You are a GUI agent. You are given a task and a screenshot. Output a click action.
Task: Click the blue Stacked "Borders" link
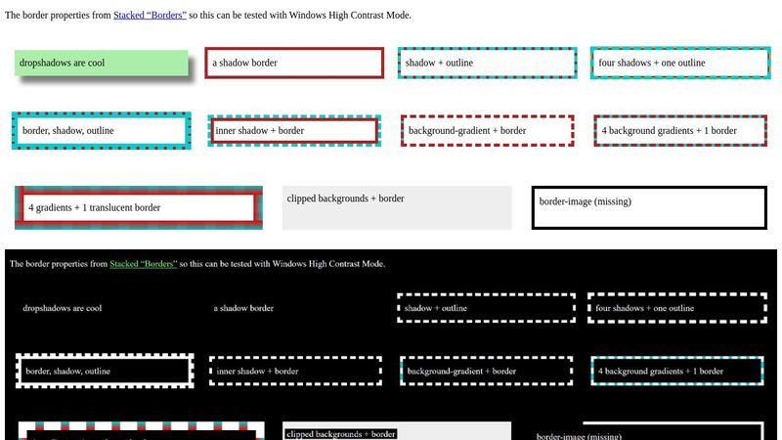coord(150,16)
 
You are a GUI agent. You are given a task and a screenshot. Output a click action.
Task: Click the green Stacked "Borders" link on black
coord(143,264)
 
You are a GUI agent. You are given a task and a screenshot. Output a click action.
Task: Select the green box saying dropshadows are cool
coord(102,64)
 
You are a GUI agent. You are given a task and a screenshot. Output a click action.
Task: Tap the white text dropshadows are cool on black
coord(62,308)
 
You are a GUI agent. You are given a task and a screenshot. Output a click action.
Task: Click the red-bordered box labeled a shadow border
coord(293,63)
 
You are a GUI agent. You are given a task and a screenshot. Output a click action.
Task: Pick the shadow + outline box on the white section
coord(486,63)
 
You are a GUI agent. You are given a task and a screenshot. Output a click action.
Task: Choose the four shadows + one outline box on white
coord(679,63)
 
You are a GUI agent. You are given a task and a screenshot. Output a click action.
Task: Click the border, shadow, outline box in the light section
coord(101,130)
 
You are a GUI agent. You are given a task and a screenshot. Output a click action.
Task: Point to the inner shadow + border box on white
coord(293,130)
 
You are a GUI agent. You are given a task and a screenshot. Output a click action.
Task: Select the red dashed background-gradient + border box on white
coord(486,130)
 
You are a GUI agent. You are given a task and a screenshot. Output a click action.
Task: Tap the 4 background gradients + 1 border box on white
coord(679,130)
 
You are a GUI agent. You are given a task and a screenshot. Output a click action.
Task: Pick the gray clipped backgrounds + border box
coord(397,207)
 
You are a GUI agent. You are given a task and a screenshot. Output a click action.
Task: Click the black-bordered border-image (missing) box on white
coord(649,206)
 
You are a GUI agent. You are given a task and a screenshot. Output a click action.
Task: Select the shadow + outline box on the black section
coord(486,308)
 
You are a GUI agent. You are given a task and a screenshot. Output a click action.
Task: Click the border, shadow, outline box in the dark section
coord(105,372)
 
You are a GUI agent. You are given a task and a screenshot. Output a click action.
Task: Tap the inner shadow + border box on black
coord(294,372)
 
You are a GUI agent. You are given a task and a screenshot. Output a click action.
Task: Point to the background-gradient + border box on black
coord(486,372)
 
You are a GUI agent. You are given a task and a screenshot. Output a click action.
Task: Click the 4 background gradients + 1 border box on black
coord(677,372)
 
